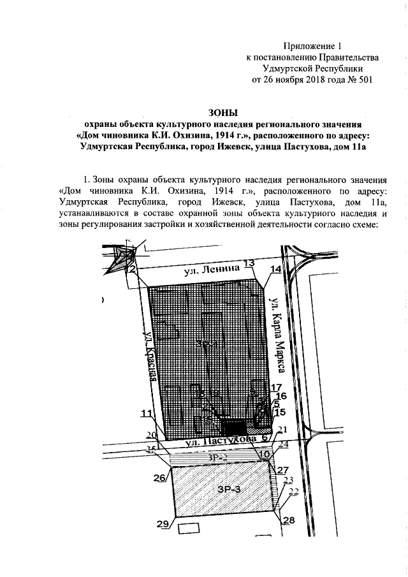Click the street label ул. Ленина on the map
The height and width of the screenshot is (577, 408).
tap(217, 270)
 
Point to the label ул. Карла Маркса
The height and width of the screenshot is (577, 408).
tap(276, 333)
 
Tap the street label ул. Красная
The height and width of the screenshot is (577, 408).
tap(150, 358)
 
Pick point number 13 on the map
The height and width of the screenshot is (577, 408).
tap(249, 263)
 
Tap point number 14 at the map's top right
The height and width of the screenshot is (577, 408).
tap(275, 270)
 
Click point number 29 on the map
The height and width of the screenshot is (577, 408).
tap(163, 524)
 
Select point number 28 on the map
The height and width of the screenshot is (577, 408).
tap(289, 520)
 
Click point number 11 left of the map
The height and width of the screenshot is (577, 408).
tap(147, 413)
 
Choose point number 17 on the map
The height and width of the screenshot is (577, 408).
tap(275, 388)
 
